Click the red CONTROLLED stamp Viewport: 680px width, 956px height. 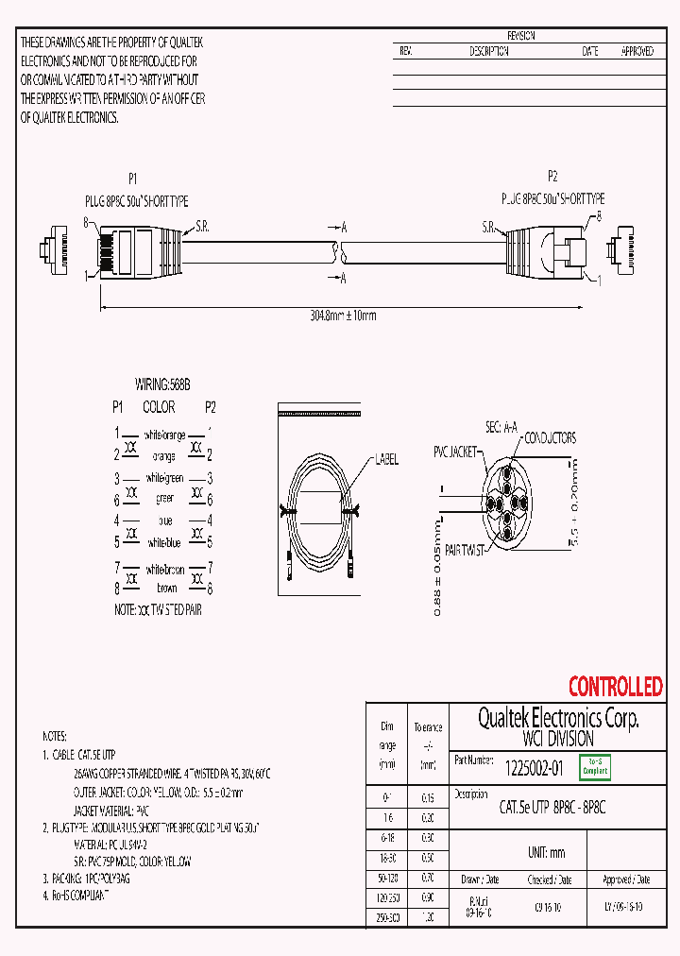615,687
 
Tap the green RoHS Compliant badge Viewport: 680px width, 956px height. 595,768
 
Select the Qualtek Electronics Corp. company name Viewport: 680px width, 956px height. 557,719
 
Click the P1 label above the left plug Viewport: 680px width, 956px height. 133,178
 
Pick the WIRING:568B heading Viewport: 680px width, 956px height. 162,385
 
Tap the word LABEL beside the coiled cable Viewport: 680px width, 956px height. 386,460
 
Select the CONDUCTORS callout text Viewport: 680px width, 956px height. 550,438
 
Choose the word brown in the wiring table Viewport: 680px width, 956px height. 166,588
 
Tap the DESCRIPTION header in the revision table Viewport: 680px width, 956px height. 489,52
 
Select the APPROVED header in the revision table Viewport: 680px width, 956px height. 637,52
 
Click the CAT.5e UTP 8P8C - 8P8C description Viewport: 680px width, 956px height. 552,808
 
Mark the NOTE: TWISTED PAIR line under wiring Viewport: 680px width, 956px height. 158,610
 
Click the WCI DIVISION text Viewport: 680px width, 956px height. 558,739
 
